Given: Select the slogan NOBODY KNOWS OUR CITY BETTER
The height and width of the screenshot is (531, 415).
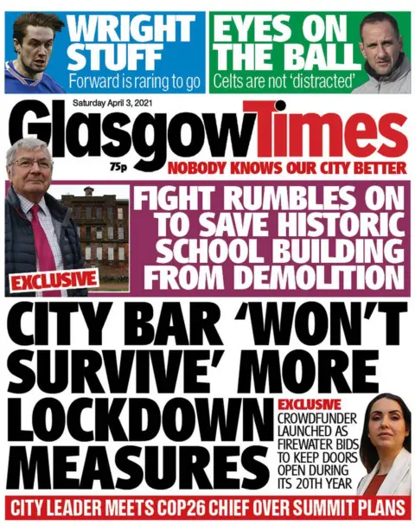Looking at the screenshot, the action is pos(286,167).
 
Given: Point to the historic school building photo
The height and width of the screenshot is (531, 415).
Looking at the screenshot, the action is pos(95,234).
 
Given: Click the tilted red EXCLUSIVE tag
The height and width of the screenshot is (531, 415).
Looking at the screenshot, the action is pos(54,279).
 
